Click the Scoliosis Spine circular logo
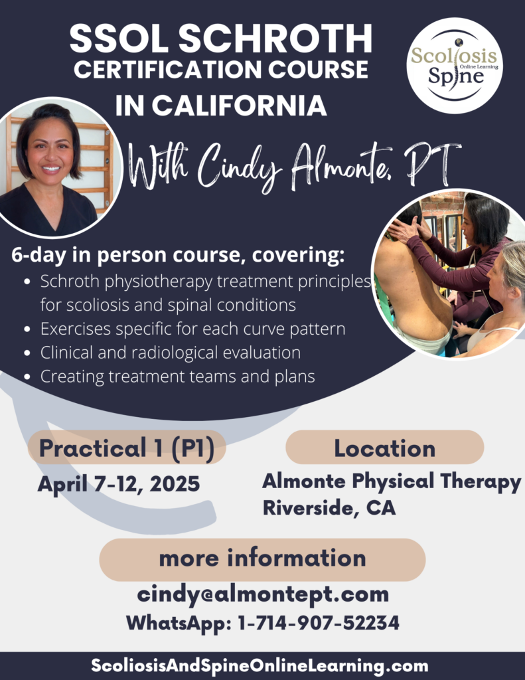[x=455, y=66]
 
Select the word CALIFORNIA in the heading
[x=239, y=106]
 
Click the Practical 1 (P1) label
[x=127, y=448]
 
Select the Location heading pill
[x=384, y=448]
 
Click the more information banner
[x=262, y=559]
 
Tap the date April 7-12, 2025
[x=119, y=483]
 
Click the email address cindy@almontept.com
[x=263, y=594]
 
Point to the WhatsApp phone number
[x=319, y=623]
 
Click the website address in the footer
[x=260, y=665]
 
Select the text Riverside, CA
[x=329, y=508]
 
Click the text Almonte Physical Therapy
[x=392, y=482]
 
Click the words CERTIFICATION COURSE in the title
[x=221, y=69]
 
